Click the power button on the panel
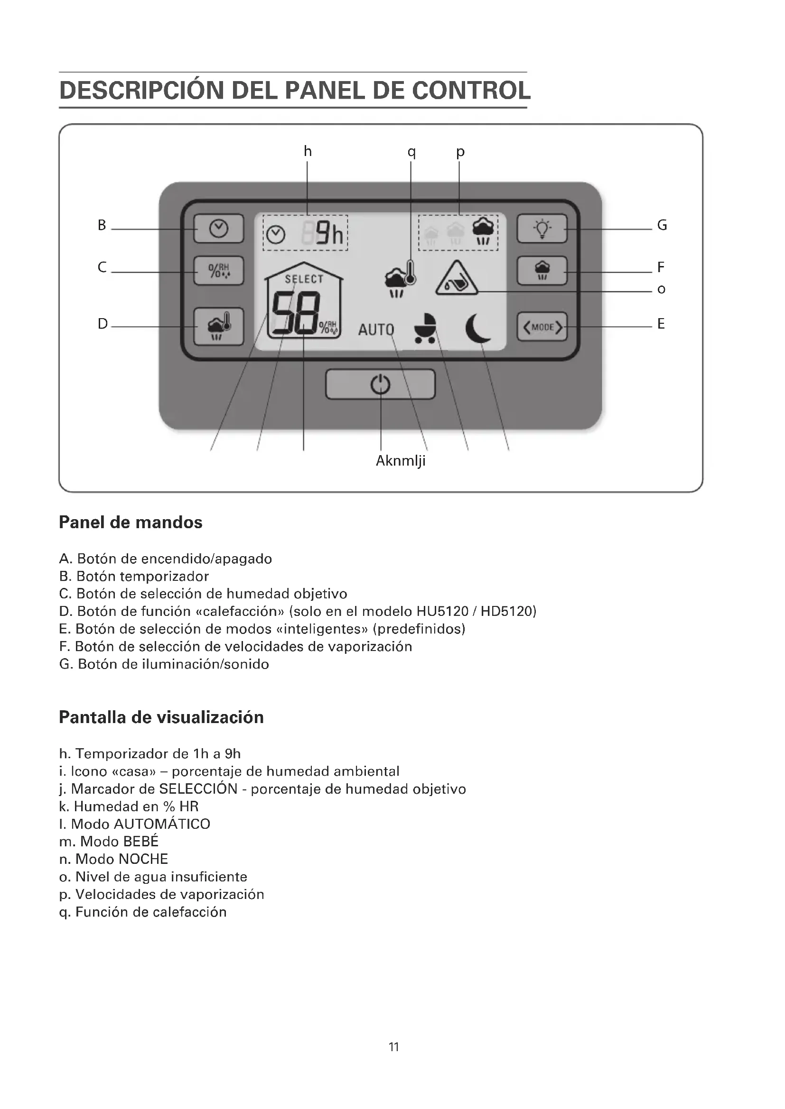[x=381, y=385]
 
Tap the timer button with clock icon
[x=218, y=229]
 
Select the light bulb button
[x=542, y=229]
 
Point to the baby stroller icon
[x=425, y=328]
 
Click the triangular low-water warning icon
[x=456, y=279]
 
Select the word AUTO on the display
[x=376, y=330]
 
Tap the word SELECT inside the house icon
[x=304, y=279]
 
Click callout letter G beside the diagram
[x=662, y=226]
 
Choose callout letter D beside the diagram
[x=103, y=324]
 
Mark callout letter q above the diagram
[x=411, y=152]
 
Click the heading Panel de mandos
[x=131, y=522]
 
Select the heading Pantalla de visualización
[x=161, y=717]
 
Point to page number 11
[x=393, y=1047]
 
